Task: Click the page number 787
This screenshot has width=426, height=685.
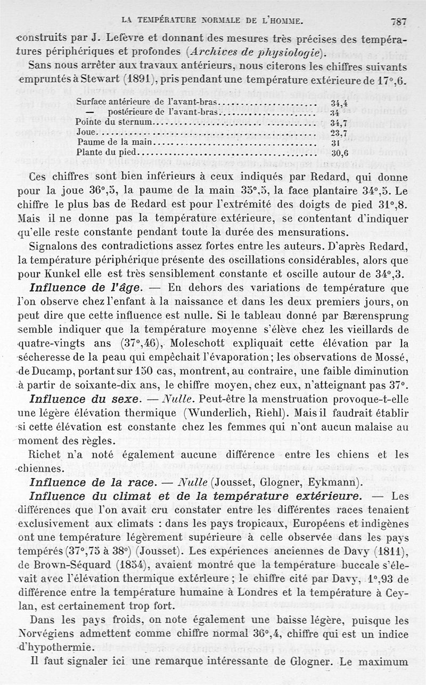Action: (x=398, y=22)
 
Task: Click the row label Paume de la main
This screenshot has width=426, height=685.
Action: (x=115, y=142)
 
